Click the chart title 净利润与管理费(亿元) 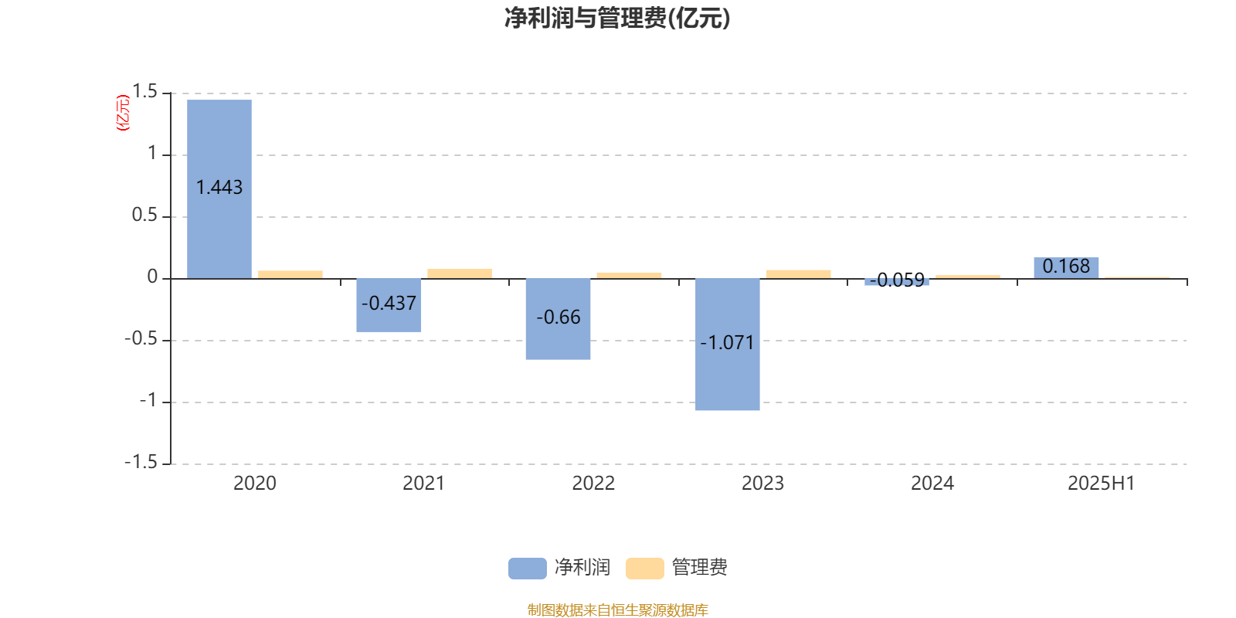click(x=617, y=19)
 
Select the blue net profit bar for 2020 click(x=219, y=189)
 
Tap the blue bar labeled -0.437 click(x=389, y=305)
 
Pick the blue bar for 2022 click(x=558, y=319)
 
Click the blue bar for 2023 click(x=727, y=345)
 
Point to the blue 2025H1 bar click(x=1066, y=268)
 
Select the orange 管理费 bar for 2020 click(x=290, y=275)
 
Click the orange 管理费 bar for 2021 click(x=460, y=273)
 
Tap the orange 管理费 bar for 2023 click(x=799, y=274)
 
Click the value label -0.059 click(x=897, y=280)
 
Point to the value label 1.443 click(x=219, y=188)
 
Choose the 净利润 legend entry click(x=559, y=568)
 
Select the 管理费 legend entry click(x=677, y=568)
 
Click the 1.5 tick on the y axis click(x=145, y=92)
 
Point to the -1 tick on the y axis click(x=148, y=401)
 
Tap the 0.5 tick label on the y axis click(x=144, y=216)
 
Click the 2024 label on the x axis click(x=932, y=484)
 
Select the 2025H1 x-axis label click(x=1102, y=484)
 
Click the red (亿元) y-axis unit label click(x=123, y=113)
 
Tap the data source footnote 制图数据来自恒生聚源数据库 click(x=617, y=610)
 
